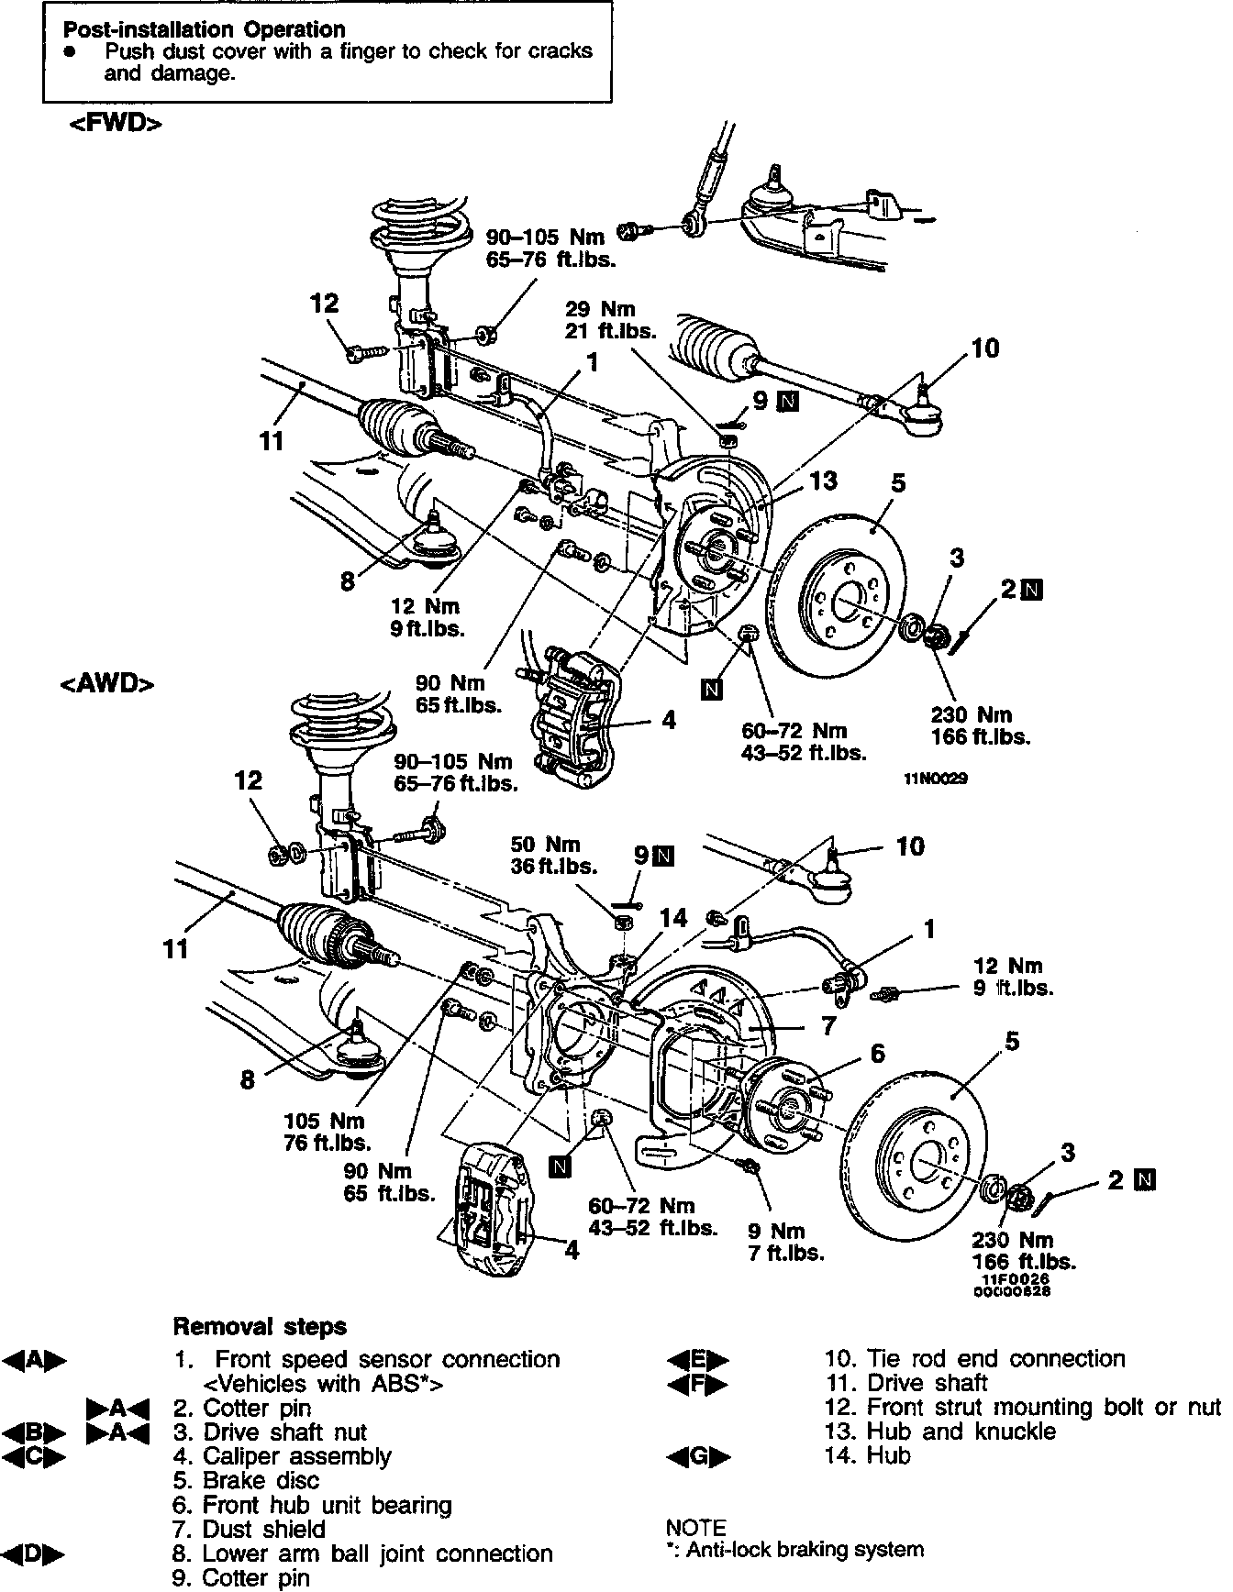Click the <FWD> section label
(116, 124)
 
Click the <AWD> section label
(106, 683)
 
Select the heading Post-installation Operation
(204, 30)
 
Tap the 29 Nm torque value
(600, 309)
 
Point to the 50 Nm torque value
(545, 844)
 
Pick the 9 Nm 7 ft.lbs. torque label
(784, 1242)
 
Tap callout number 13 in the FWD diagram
(824, 481)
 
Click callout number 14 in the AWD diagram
(673, 918)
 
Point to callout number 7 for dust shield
(828, 1025)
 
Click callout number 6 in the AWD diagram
(877, 1054)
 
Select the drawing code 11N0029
(936, 779)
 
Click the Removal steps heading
(261, 1326)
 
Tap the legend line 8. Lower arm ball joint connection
(362, 1553)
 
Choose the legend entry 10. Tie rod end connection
(974, 1358)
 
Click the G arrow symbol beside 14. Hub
(698, 1455)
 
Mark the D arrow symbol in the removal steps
(34, 1553)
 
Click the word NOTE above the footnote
(694, 1527)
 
